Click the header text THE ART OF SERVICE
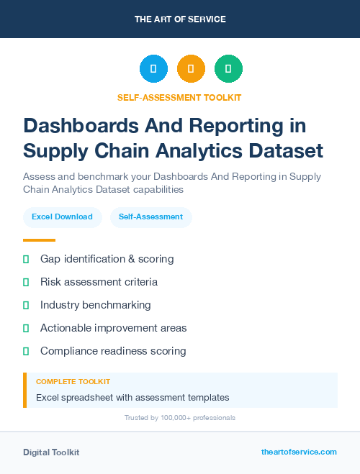[x=180, y=19]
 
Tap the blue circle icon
[x=153, y=68]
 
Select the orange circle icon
[x=191, y=68]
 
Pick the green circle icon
[x=228, y=68]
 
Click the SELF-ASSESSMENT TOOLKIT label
[x=179, y=97]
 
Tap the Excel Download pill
[x=62, y=217]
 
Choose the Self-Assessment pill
[x=150, y=217]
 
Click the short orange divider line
[x=39, y=240]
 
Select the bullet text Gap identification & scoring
[x=107, y=258]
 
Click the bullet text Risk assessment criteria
[x=99, y=282]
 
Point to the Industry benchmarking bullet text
[x=96, y=305]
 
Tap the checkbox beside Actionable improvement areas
[x=26, y=328]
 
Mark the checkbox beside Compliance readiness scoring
[x=26, y=351]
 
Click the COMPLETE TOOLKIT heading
[x=73, y=381]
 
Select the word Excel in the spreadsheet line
[x=48, y=397]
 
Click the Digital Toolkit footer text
[x=51, y=452]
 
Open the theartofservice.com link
[x=299, y=452]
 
